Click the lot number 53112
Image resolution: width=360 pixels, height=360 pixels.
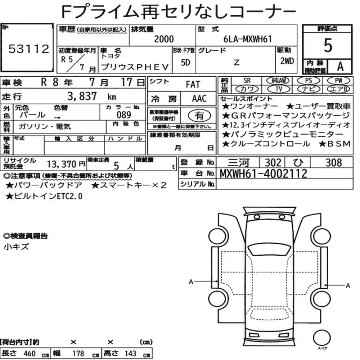click(x=29, y=49)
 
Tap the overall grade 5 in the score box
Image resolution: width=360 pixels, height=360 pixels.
click(x=328, y=45)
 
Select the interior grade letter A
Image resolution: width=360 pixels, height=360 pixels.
click(x=340, y=67)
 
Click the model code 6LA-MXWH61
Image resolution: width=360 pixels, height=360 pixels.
click(x=248, y=39)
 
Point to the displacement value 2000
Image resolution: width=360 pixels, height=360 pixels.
click(x=164, y=39)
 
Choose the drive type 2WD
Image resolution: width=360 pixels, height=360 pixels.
click(x=287, y=61)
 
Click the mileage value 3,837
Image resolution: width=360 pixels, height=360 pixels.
click(x=82, y=96)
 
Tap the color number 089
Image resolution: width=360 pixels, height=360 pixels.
click(x=124, y=115)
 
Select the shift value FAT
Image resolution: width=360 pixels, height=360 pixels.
click(x=193, y=85)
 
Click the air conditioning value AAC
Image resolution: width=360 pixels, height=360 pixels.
click(x=199, y=99)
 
